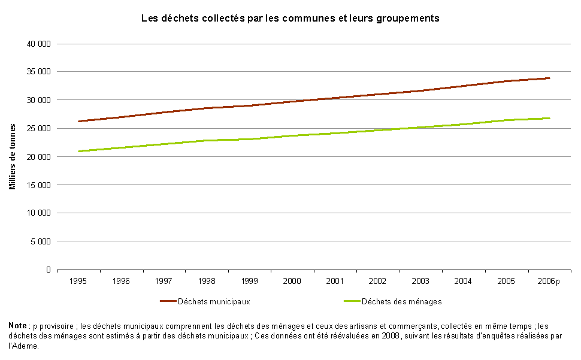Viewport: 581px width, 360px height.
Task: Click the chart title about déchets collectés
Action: click(290, 19)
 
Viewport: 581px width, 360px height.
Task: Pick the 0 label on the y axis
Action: click(48, 270)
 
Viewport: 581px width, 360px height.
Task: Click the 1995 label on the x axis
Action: click(78, 282)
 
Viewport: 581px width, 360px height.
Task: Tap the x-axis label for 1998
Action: click(207, 282)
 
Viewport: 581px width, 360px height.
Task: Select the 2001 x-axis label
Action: click(335, 282)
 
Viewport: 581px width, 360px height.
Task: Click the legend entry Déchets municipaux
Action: click(214, 301)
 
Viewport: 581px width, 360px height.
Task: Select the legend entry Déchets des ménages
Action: click(401, 301)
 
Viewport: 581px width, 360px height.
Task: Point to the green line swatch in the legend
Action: click(351, 301)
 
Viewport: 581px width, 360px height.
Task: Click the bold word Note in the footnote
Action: click(18, 325)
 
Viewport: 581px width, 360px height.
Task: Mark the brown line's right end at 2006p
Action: click(549, 78)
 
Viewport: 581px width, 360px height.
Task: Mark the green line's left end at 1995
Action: click(78, 151)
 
